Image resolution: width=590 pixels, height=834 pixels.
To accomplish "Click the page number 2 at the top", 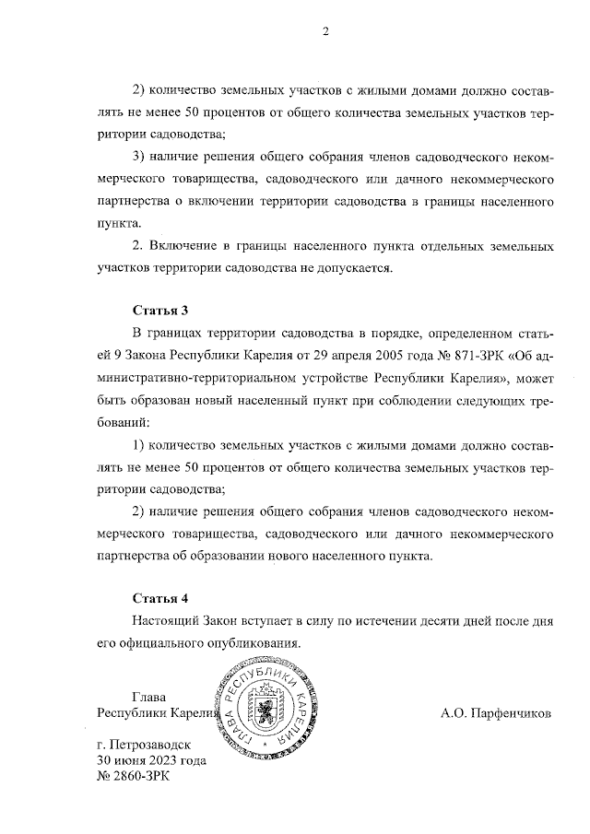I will click(x=324, y=33).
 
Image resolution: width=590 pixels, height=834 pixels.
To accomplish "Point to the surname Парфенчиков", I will click(x=513, y=712).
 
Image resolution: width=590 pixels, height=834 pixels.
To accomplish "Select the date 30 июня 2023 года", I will click(x=151, y=760).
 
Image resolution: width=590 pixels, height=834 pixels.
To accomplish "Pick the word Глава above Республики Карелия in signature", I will click(x=153, y=696).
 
